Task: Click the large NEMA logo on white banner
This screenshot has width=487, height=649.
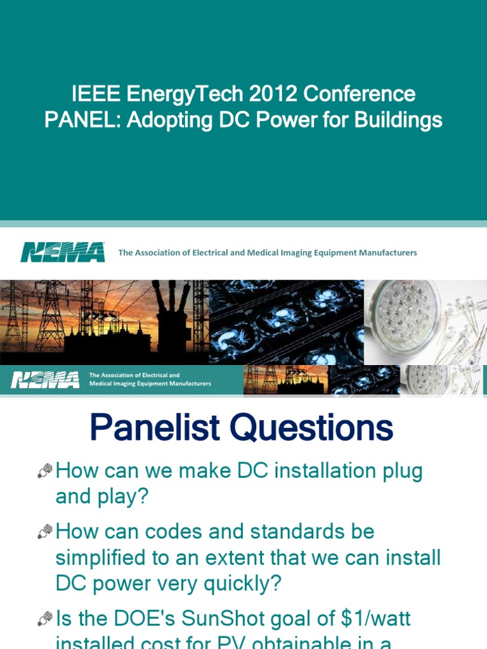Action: pos(62,252)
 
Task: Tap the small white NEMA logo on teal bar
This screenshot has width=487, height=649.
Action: pos(44,380)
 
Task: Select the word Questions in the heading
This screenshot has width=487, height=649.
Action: pos(311,428)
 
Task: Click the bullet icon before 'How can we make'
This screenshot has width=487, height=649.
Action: pos(44,471)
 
